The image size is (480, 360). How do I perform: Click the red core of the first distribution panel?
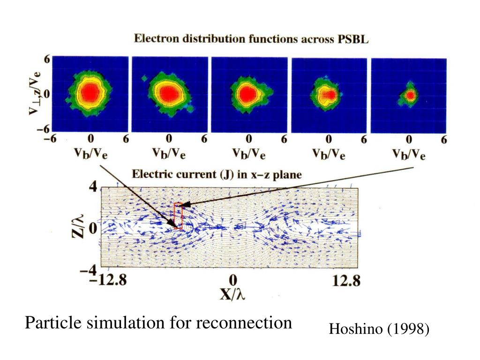click(90, 93)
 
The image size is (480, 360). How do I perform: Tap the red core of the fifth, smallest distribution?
click(410, 96)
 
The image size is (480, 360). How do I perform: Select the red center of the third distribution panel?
click(247, 94)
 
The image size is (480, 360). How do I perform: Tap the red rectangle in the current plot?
click(178, 216)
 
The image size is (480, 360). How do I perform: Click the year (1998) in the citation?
click(408, 330)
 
